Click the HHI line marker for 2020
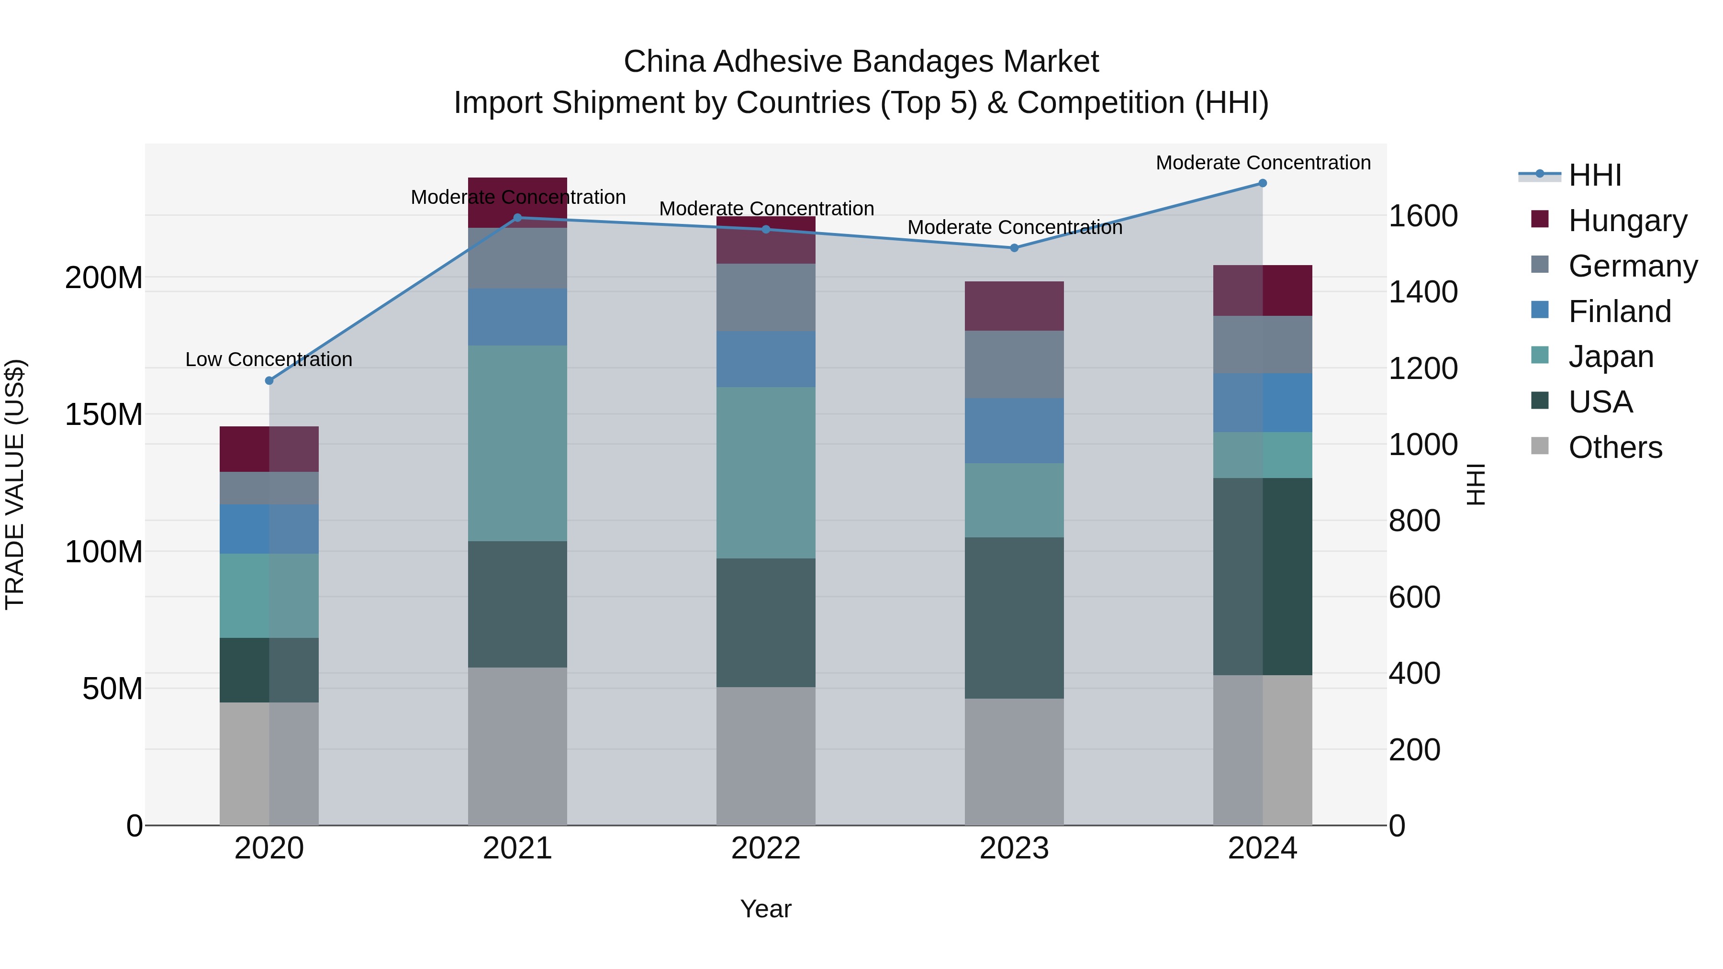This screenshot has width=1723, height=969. pos(269,380)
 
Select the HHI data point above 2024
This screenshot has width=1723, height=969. pos(1263,183)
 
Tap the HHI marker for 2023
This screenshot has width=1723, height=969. pos(1014,248)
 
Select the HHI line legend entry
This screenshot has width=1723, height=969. pos(1595,175)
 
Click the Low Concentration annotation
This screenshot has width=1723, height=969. pos(269,360)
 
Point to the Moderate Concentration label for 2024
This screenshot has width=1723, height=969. pos(1263,163)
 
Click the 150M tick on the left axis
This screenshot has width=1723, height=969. pos(104,414)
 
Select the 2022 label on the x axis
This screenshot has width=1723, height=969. pos(766,848)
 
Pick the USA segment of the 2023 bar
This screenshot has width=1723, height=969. pos(1014,618)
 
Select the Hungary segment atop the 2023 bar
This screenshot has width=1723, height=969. pos(1014,306)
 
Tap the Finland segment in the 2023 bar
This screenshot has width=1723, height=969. pos(1014,431)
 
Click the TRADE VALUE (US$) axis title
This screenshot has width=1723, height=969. pos(15,484)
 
